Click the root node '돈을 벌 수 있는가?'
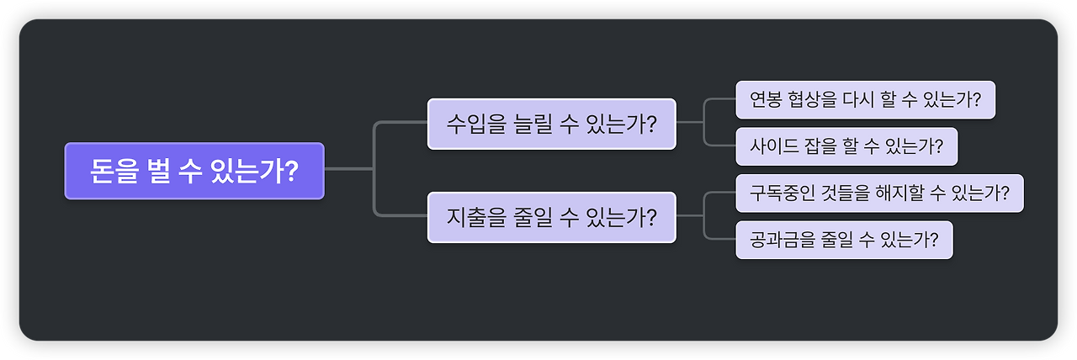[194, 171]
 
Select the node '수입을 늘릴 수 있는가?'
[551, 124]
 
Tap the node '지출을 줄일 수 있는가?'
[551, 217]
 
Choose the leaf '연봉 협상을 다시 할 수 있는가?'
[865, 99]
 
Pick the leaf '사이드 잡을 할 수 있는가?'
[846, 146]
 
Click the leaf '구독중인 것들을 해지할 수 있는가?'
[879, 193]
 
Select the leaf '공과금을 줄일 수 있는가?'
[844, 241]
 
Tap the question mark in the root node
[290, 171]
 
